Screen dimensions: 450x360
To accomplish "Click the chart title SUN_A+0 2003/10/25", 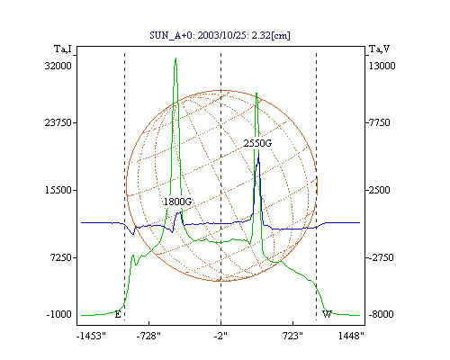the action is pos(220,35).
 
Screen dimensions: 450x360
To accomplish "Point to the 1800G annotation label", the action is pos(177,202).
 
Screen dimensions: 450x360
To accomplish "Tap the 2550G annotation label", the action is pos(257,143).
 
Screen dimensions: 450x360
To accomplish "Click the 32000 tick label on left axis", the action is pos(58,66).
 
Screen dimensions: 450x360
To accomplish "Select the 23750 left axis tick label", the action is pos(58,122).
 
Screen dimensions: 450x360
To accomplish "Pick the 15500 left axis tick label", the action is pos(58,190).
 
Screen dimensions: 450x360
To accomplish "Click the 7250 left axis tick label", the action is pos(61,257).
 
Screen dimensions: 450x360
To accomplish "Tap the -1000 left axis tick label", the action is pos(59,314).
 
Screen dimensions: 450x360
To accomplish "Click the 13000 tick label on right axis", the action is pos(382,66).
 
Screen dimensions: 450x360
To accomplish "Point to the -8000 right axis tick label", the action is pos(381,314).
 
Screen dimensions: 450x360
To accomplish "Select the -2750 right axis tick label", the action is pos(381,257).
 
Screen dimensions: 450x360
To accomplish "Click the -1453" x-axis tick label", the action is pos(91,337).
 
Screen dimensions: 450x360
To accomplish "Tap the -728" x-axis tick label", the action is pos(148,337).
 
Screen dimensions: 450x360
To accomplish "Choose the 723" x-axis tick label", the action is pos(292,337).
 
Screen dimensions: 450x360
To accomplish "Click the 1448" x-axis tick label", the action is pos(351,337).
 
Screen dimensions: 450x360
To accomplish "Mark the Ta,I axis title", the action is pos(63,49).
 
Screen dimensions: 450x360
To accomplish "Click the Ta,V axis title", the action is pos(380,49).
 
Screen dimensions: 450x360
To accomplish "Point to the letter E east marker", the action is pos(118,315).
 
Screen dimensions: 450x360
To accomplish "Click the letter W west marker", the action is pos(327,314).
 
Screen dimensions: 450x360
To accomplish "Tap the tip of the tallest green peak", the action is pos(175,58).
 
